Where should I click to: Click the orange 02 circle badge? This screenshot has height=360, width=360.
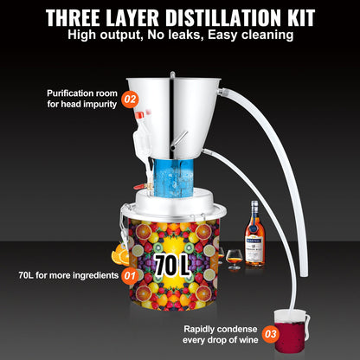[x=131, y=99]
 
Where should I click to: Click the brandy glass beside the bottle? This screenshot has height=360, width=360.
[x=234, y=257]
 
